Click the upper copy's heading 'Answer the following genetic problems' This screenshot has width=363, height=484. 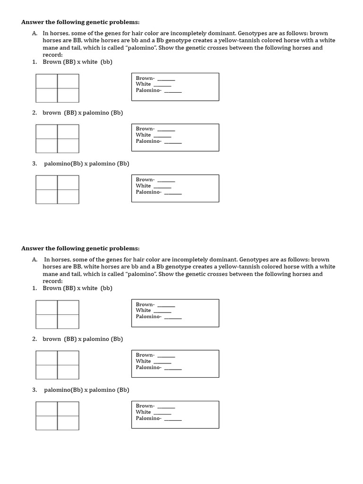click(x=80, y=22)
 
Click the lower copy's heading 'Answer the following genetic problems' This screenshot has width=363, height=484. click(x=80, y=249)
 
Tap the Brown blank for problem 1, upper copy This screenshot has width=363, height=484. click(x=166, y=78)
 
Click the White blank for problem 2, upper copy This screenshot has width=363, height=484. click(x=162, y=135)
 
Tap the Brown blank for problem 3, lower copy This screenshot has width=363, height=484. click(x=166, y=406)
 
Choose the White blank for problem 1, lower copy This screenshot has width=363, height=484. click(x=162, y=311)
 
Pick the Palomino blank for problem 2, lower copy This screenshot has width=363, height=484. click(x=173, y=368)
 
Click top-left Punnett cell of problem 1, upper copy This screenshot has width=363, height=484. click(x=47, y=81)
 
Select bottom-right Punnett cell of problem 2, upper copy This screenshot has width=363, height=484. click(x=68, y=146)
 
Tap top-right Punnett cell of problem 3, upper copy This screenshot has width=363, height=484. click(x=68, y=182)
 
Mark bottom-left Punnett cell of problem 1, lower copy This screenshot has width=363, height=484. click(x=47, y=321)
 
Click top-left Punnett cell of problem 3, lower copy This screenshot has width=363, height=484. click(x=47, y=409)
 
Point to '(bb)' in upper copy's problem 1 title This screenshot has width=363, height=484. click(x=106, y=62)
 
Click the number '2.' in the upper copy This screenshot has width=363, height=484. click(x=35, y=113)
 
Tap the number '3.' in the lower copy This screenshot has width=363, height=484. click(x=35, y=390)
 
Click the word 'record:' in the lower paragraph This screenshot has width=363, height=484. click(x=52, y=281)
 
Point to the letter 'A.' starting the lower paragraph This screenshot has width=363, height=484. click(x=35, y=259)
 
